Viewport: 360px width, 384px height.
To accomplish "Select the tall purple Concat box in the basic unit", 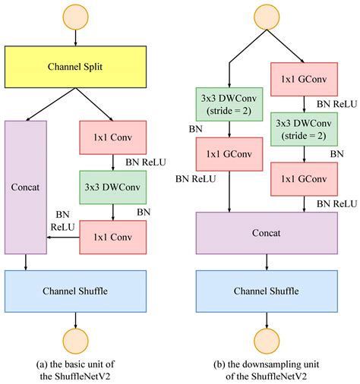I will [27, 185].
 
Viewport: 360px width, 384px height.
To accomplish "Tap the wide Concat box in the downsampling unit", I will [266, 231].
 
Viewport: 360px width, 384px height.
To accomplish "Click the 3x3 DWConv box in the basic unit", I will [113, 185].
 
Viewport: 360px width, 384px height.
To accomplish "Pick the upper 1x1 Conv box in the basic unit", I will [113, 137].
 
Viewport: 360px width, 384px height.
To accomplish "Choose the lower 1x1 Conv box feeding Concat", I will [113, 236].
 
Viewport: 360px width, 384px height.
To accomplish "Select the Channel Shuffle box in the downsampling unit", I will [266, 290].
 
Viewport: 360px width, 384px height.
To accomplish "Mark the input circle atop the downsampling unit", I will [266, 17].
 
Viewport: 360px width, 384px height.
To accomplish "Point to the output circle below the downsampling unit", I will [266, 340].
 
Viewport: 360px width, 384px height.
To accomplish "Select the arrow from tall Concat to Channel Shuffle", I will [27, 262].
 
